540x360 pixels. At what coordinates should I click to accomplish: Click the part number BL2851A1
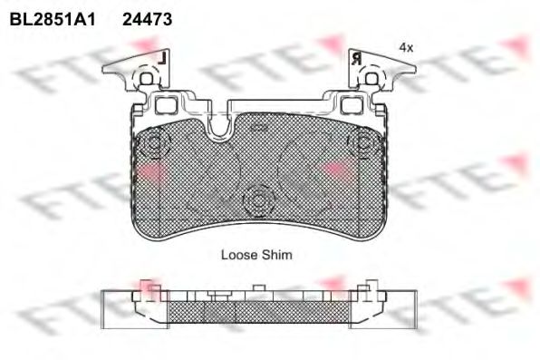click(x=52, y=17)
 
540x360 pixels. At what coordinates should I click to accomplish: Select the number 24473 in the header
click(x=148, y=17)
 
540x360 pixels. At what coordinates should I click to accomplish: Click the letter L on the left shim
click(x=160, y=56)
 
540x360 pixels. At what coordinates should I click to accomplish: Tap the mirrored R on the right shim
click(x=355, y=57)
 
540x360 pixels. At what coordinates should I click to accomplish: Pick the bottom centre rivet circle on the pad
click(x=258, y=199)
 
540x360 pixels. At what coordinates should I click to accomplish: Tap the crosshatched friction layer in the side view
click(x=258, y=311)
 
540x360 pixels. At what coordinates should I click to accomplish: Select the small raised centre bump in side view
click(x=258, y=289)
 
